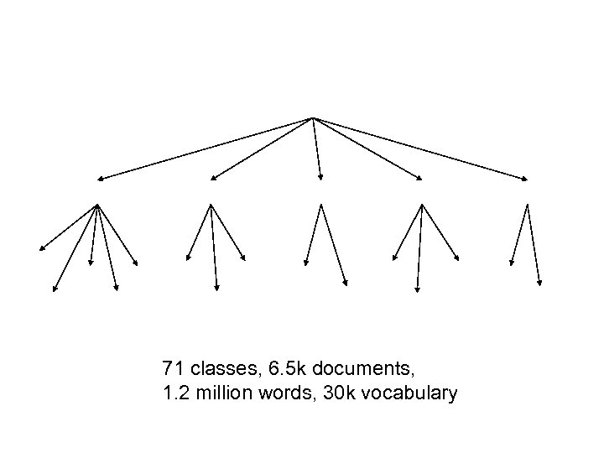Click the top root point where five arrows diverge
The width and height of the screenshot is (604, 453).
coord(312,117)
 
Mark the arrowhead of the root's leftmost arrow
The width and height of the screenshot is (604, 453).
coord(98,180)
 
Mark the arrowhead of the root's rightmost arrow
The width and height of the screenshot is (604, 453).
coord(527,180)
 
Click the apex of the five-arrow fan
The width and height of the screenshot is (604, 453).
coord(98,204)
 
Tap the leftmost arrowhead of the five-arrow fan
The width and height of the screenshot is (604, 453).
coord(40,250)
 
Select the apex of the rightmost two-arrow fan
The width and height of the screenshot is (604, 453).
coord(527,204)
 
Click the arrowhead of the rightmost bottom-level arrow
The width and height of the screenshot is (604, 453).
coord(540,284)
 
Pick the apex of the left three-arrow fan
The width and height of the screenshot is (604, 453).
coord(210,204)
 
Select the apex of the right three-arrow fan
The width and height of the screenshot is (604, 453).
coord(421,204)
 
